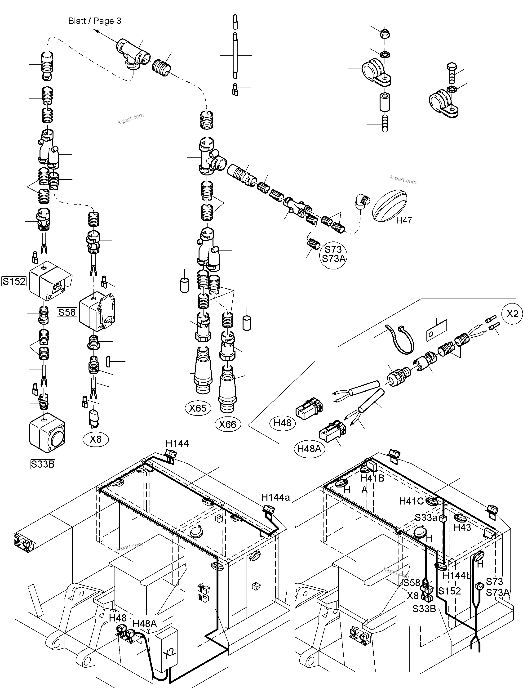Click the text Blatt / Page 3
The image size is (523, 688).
(94, 21)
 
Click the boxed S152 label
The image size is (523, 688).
(14, 281)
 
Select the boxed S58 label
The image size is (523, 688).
(67, 312)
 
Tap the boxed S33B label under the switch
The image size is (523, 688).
(43, 464)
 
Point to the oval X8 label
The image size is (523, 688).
(96, 439)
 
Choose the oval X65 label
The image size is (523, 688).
(198, 408)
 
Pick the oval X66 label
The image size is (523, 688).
(228, 424)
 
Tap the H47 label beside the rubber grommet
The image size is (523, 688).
(404, 220)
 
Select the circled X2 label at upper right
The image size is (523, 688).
(512, 314)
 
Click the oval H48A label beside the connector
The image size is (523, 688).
(309, 448)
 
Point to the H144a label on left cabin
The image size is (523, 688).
(275, 497)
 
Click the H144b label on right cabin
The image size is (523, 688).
(457, 576)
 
